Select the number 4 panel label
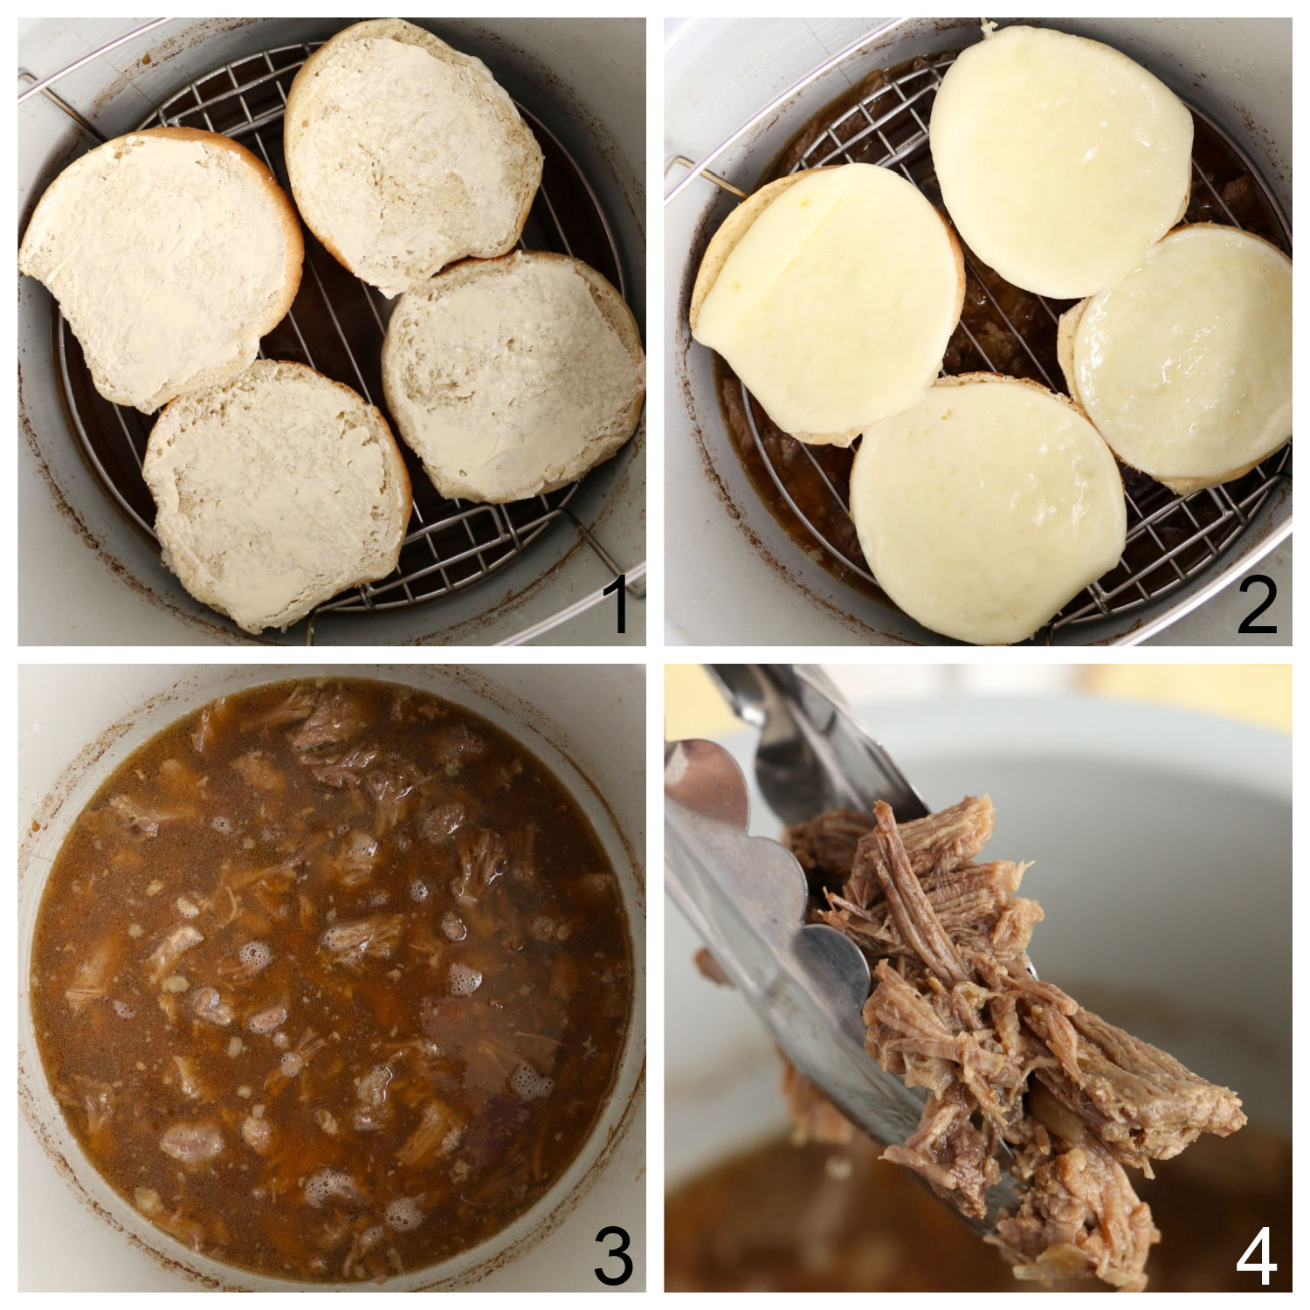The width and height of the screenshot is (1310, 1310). (1258, 1254)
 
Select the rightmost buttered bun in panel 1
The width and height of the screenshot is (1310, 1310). (515, 371)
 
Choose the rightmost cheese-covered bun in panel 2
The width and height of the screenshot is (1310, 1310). (1179, 358)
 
